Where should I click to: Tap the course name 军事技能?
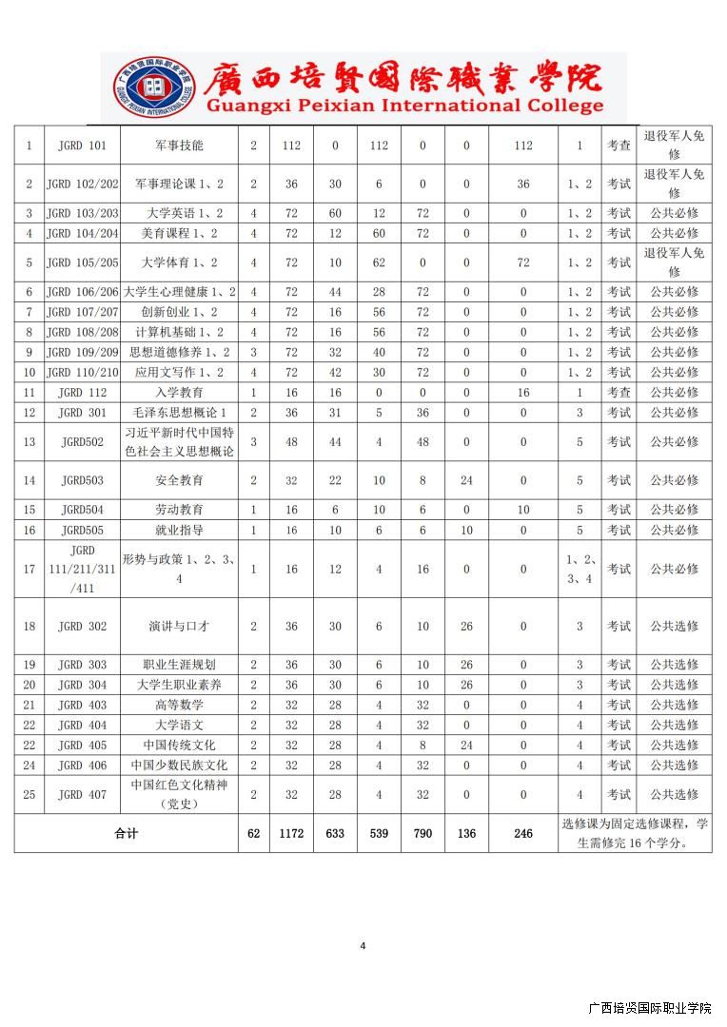[x=179, y=145]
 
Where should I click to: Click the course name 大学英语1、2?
[x=179, y=213]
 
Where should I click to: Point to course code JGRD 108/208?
[x=82, y=332]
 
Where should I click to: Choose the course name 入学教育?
[x=179, y=392]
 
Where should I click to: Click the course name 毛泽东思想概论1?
[x=179, y=413]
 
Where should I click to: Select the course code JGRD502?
[x=82, y=442]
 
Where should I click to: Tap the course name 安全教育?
[x=179, y=481]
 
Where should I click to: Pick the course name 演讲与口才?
[x=179, y=627]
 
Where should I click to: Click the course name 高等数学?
[x=179, y=705]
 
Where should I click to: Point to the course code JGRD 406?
[x=82, y=765]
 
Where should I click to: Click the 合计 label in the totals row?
[x=126, y=834]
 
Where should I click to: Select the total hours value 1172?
[x=291, y=834]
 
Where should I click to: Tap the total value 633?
[x=335, y=834]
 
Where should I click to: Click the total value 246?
[x=523, y=834]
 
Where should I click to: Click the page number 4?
[x=363, y=945]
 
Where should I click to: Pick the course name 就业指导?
[x=179, y=530]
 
